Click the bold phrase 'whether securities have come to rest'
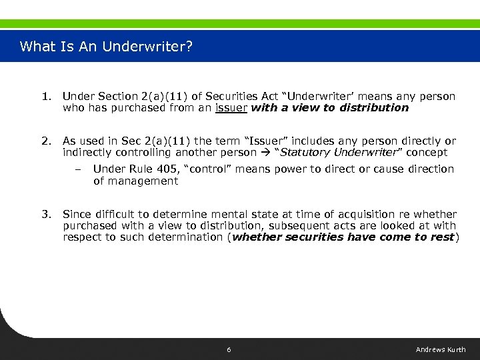tap(343, 237)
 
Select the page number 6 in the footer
tap(229, 350)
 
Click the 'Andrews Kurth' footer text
tap(441, 350)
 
